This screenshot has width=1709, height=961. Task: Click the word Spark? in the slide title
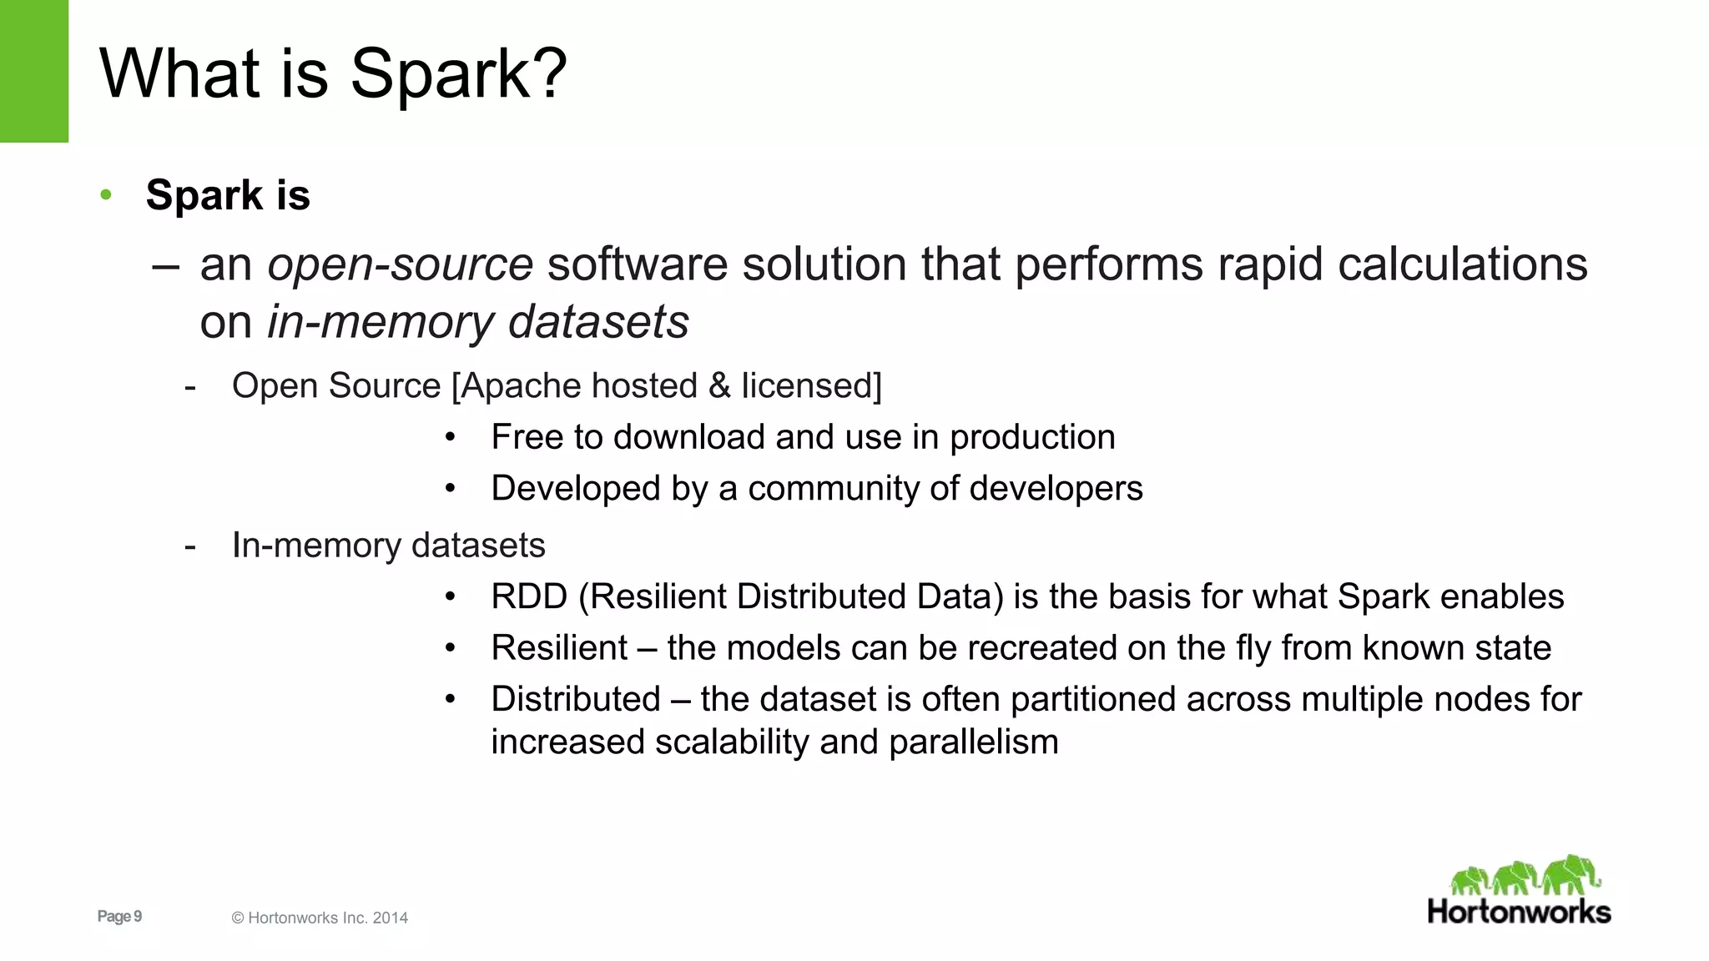coord(458,74)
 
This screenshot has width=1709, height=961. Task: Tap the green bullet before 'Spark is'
coord(106,195)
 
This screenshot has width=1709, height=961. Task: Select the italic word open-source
coord(400,264)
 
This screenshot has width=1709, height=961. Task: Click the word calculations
coord(1462,264)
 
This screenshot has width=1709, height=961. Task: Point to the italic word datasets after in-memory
coord(598,322)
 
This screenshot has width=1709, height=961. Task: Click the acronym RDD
coord(529,597)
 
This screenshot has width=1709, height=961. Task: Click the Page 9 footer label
coord(119,917)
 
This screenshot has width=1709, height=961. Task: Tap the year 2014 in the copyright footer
coord(390,918)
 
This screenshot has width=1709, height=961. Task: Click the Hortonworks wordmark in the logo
coord(1519,912)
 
